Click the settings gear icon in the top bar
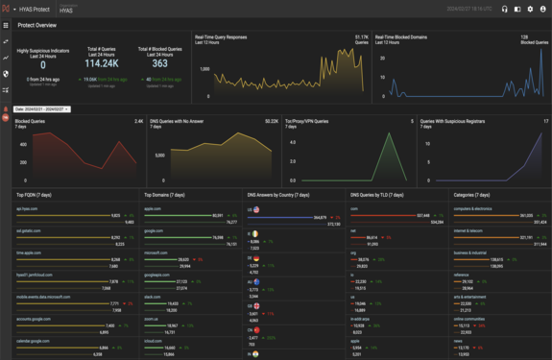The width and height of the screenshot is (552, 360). coord(530,10)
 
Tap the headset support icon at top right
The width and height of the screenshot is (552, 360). coord(505,10)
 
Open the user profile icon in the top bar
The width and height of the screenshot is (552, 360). coord(543,10)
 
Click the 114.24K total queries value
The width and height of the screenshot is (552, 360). coord(102,64)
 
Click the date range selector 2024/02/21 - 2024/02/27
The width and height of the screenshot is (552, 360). coord(41,109)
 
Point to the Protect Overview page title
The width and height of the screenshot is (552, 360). coord(37,25)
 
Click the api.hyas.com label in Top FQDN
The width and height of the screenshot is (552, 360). coord(27,208)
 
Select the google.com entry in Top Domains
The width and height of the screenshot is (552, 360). coord(154,230)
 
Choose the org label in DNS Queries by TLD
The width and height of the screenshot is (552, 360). coord(353,252)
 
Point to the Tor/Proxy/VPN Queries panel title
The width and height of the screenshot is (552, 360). coord(307,122)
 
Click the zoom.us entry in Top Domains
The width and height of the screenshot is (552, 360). coord(152,319)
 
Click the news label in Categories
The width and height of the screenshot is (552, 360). coord(459,341)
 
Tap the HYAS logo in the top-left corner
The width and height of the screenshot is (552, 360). coord(7,10)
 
